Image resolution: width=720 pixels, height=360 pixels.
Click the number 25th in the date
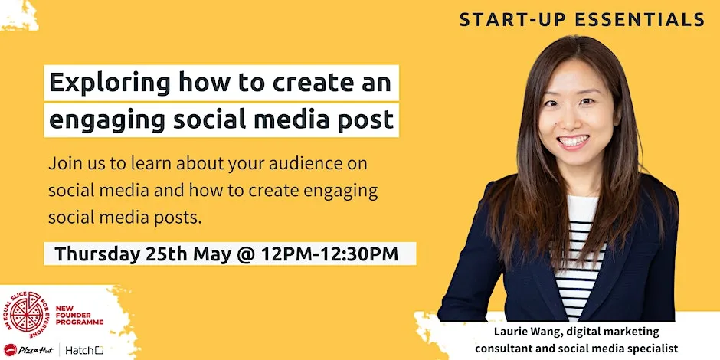[169, 254]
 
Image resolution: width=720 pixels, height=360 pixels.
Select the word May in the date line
[216, 254]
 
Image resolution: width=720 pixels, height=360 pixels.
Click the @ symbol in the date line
[247, 254]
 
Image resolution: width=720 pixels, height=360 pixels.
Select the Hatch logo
[83, 350]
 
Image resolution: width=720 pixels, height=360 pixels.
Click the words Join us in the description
[73, 165]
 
